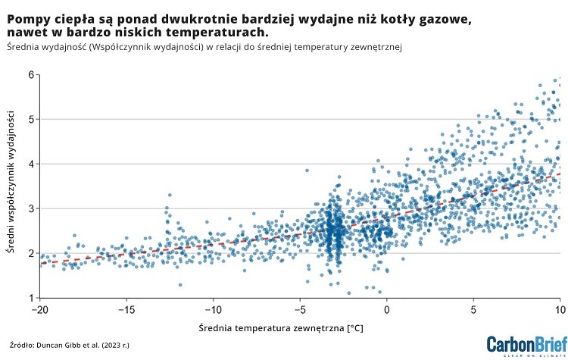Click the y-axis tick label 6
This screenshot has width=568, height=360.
coord(31,74)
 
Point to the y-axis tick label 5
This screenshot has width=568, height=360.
coord(31,119)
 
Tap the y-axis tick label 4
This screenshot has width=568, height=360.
coord(31,164)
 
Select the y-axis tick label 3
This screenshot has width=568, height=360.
coord(31,208)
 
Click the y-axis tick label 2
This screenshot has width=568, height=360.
coord(31,253)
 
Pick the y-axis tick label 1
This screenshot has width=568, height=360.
coord(31,298)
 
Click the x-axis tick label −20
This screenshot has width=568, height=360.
coord(39,309)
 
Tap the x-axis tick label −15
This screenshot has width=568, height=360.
coord(126,309)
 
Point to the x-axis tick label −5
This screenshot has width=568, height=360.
coord(300,309)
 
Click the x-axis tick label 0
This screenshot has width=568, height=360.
coord(387,309)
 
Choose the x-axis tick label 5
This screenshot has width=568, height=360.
coord(473,309)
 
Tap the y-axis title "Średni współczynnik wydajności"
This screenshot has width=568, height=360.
coord(12,186)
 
